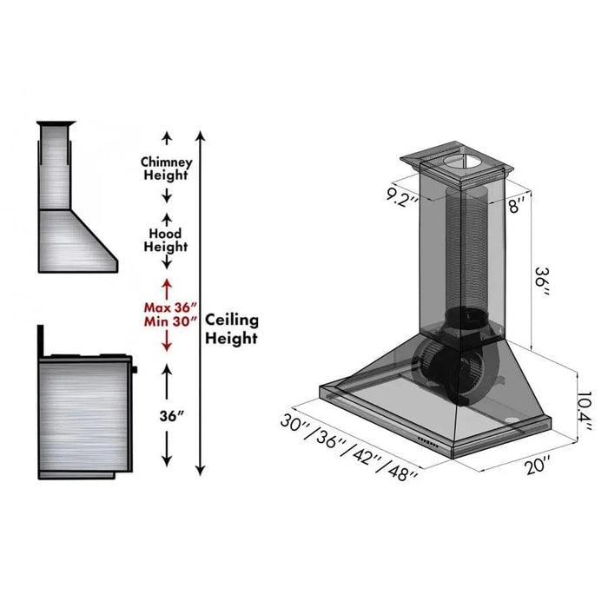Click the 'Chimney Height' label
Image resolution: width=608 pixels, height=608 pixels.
click(x=166, y=169)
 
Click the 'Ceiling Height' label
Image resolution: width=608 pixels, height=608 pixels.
click(x=231, y=330)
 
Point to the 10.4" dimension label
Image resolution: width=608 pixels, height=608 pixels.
click(x=584, y=405)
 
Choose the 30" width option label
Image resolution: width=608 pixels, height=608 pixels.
click(x=296, y=423)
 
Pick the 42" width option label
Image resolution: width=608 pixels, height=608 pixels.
click(x=367, y=457)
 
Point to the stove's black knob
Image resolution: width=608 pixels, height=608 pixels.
click(x=135, y=371)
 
